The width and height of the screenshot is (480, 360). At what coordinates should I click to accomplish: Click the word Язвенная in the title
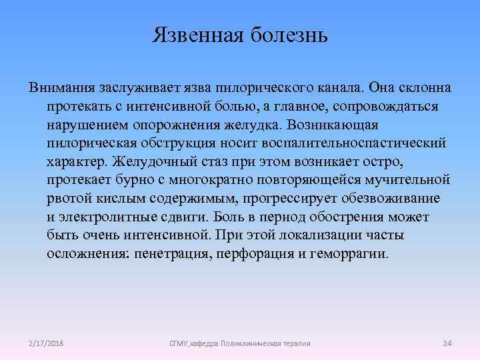[195, 34]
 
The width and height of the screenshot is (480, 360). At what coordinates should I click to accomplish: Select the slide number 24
[447, 343]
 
